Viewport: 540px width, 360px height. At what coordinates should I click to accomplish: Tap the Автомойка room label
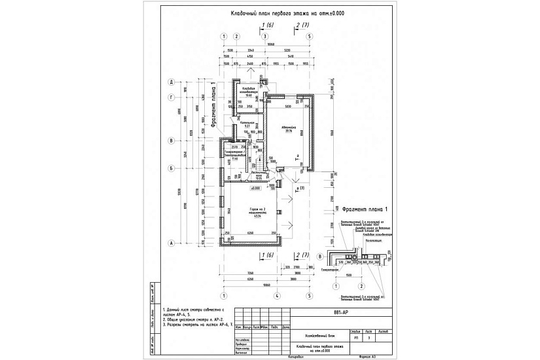[286, 127]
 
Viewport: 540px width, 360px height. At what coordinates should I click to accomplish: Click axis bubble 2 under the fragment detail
[361, 286]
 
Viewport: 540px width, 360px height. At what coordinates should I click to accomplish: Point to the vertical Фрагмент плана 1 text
[212, 105]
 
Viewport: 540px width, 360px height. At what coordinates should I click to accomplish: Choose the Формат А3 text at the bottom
[369, 357]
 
